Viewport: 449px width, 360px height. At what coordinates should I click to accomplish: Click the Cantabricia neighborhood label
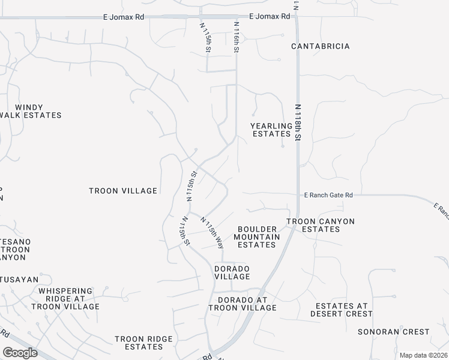320,46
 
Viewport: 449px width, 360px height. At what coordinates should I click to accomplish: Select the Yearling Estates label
271,130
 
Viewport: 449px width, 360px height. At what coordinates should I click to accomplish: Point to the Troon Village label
123,191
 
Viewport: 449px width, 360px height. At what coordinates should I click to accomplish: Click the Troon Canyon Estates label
320,225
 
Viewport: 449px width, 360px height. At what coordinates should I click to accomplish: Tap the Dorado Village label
232,272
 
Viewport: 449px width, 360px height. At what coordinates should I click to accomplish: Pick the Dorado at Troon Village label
243,304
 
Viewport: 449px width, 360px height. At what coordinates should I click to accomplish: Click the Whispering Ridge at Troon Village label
69,299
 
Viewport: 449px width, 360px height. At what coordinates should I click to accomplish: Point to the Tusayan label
19,280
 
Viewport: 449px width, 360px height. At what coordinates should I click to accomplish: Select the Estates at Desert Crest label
342,310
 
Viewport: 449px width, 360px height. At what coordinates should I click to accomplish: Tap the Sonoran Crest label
393,331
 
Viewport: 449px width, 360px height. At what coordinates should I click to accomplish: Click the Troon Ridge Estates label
143,343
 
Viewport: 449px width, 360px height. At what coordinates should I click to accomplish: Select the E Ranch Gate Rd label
328,195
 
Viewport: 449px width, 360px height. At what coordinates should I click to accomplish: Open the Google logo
20,353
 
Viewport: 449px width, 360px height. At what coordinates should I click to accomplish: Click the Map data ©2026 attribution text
423,355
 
